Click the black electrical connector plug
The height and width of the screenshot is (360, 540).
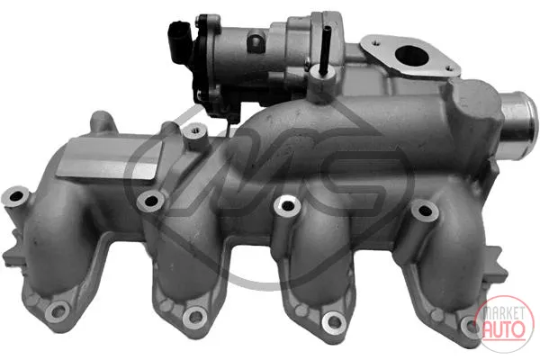(x=180, y=41)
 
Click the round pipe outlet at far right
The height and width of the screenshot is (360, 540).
(x=518, y=129)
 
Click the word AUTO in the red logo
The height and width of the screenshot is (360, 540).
(x=504, y=328)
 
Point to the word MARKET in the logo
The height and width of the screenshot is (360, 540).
(x=503, y=313)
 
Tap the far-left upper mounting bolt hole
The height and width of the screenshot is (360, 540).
(x=15, y=197)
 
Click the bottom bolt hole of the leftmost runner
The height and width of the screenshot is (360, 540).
(x=58, y=311)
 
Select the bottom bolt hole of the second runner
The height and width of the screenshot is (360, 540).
(x=195, y=315)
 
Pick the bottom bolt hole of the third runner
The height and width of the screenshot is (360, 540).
(x=334, y=321)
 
